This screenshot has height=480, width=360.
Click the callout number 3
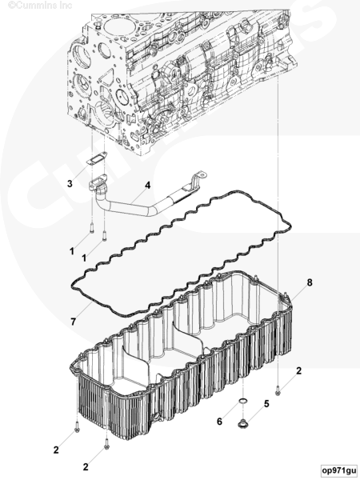[x=70, y=184]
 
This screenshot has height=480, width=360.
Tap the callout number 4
[x=148, y=185]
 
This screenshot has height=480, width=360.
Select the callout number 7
[x=73, y=322]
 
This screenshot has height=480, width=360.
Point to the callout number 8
[x=310, y=282]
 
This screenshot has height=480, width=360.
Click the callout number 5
[x=266, y=404]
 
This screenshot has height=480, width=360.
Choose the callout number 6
[x=219, y=422]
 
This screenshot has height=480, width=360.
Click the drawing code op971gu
[x=339, y=470]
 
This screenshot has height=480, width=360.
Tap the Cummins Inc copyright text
[x=40, y=6]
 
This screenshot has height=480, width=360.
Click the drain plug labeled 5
[x=243, y=423]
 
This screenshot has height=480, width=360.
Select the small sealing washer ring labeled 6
[x=243, y=401]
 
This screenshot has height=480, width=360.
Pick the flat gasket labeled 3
[x=95, y=159]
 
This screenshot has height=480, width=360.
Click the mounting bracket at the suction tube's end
[x=197, y=181]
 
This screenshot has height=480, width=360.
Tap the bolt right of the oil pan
[x=278, y=390]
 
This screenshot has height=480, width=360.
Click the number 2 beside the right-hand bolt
[x=298, y=370]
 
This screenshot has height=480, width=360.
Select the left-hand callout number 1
[x=72, y=251]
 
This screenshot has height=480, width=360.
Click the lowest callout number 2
[x=86, y=467]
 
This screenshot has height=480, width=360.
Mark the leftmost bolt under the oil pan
[x=77, y=427]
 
